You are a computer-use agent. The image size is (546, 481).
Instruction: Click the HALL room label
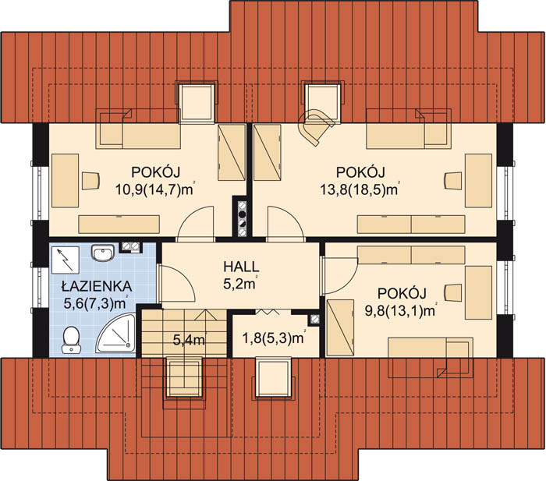(241, 267)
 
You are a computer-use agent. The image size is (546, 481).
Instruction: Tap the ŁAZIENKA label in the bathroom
(97, 286)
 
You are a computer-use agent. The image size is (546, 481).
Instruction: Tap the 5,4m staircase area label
(189, 339)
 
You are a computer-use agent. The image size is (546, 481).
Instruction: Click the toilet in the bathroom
(72, 339)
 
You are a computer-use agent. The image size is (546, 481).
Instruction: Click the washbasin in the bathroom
(102, 253)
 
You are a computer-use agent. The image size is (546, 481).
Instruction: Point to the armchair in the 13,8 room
(316, 127)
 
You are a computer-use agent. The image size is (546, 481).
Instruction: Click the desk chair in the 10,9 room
(90, 181)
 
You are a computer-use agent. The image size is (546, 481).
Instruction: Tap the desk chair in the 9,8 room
(453, 292)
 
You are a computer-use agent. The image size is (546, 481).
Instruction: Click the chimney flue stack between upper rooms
(241, 219)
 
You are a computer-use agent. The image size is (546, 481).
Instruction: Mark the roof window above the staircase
(184, 377)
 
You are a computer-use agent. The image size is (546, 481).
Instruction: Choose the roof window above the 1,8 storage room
(273, 377)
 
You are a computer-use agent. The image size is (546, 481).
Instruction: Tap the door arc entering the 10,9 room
(196, 223)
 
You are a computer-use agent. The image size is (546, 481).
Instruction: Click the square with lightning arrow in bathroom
(66, 260)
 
